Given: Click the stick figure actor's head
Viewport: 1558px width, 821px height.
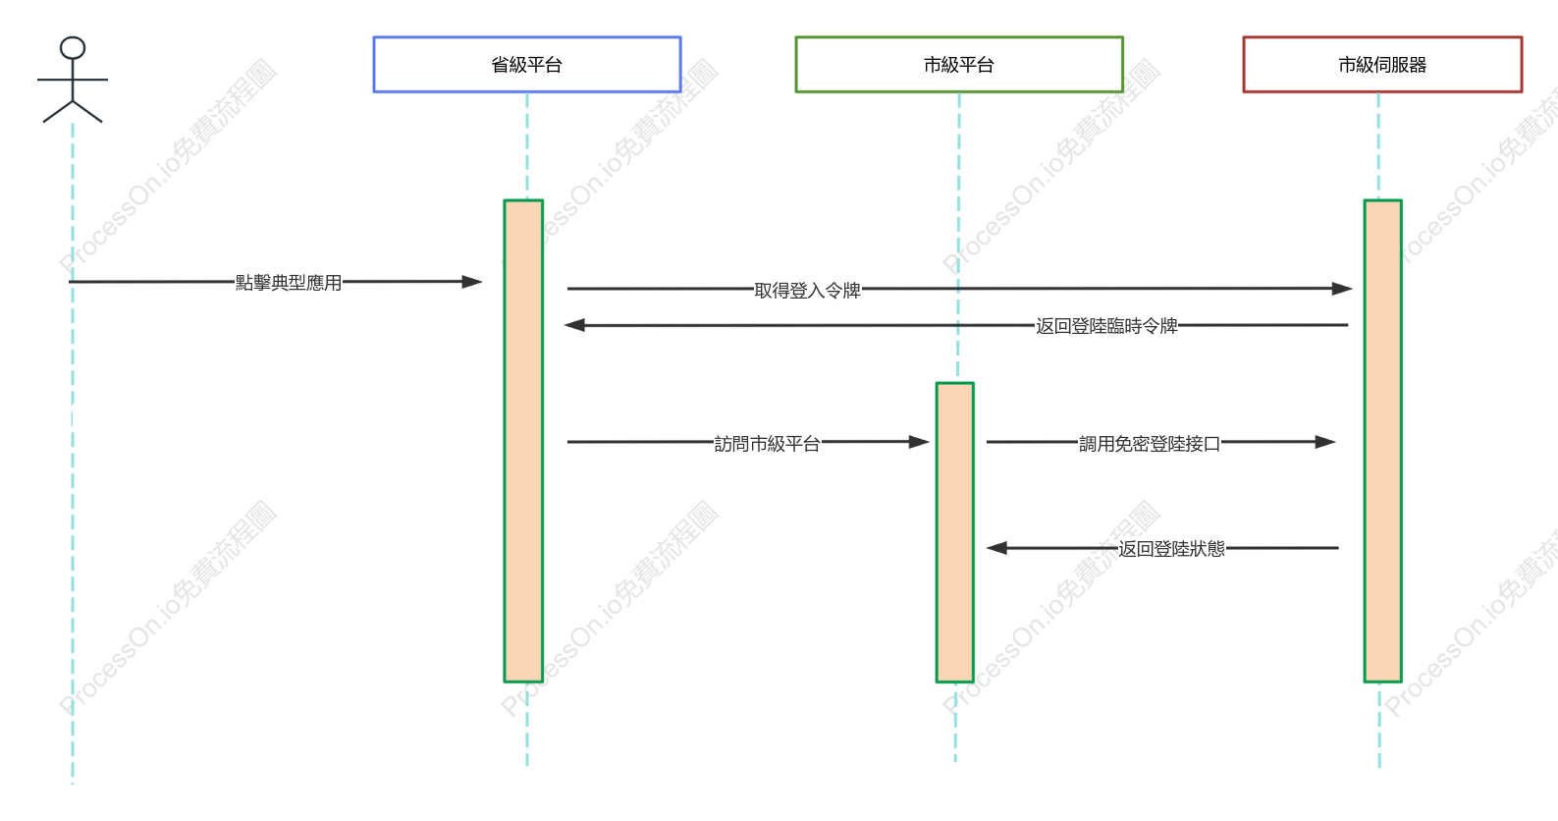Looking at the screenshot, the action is pos(73,48).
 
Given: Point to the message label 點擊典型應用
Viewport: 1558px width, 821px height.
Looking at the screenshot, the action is pos(289,283).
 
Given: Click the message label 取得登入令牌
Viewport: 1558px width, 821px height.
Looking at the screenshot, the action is pos(808,290).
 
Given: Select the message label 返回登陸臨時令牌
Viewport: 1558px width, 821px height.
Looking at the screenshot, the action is pos(1106,326).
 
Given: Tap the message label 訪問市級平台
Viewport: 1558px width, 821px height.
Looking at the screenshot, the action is pos(767,443).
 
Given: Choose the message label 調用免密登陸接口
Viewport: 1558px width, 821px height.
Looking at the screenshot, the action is pos(1150,443).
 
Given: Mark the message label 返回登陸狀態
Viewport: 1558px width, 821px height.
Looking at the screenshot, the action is pos(1172,549).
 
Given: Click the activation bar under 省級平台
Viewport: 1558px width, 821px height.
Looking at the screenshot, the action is pos(523,441).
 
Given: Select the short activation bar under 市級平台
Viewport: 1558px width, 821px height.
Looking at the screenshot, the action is pos(955,532).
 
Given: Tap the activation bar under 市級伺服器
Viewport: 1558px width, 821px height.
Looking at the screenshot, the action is pos(1382,441).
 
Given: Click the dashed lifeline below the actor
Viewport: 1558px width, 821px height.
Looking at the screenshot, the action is pos(73,454).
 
